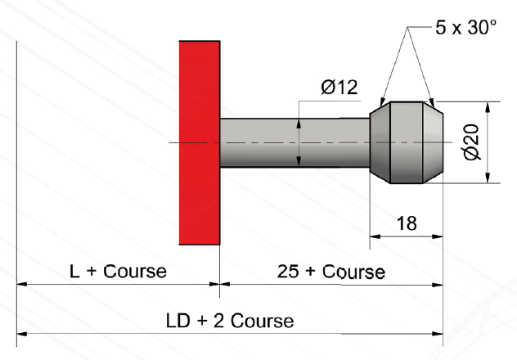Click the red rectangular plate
(x=200, y=142)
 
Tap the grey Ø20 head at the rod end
(x=407, y=142)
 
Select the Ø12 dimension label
(x=339, y=88)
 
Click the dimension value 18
(x=407, y=223)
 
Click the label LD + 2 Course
(x=229, y=320)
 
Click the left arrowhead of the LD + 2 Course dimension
(x=21, y=334)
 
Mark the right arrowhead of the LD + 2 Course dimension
(x=438, y=334)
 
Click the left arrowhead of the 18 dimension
(x=375, y=238)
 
